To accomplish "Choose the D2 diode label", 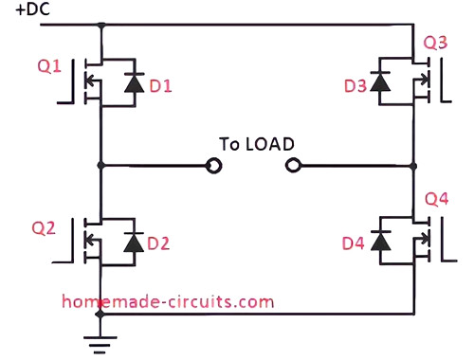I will click(158, 243).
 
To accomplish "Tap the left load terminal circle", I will click(215, 167).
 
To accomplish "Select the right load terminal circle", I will click(292, 167).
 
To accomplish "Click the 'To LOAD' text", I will click(255, 144).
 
